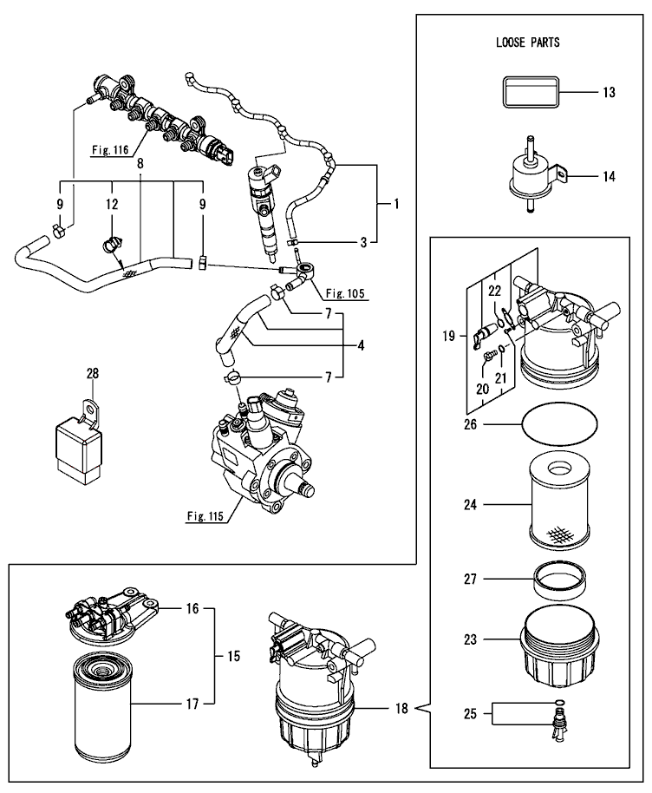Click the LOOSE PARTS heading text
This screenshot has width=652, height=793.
[528, 43]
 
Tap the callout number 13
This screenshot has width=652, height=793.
[609, 93]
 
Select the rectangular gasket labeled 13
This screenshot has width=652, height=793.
[531, 92]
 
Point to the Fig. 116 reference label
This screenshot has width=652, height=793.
[110, 150]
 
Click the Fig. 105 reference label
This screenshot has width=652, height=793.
[345, 293]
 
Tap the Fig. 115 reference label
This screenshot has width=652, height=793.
[205, 516]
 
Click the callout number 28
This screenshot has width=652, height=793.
[93, 374]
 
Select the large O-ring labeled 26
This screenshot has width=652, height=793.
[559, 423]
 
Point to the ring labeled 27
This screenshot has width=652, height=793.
[560, 580]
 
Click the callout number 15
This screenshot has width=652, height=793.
[233, 657]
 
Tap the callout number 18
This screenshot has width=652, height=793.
[401, 709]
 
